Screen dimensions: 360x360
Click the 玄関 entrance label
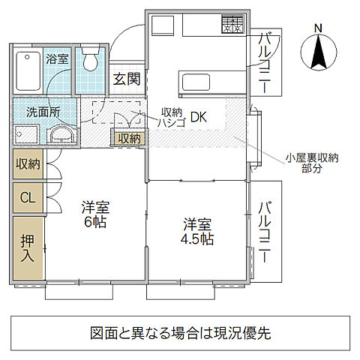tap(126, 79)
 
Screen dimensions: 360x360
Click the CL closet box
tap(27, 198)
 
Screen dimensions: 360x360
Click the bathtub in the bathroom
tap(28, 68)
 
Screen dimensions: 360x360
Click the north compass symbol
tap(318, 52)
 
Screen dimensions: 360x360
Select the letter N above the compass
tap(318, 28)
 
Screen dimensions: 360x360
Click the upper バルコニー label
tap(266, 64)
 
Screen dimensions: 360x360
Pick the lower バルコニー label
tap(266, 231)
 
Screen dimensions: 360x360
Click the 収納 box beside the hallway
tap(128, 138)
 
